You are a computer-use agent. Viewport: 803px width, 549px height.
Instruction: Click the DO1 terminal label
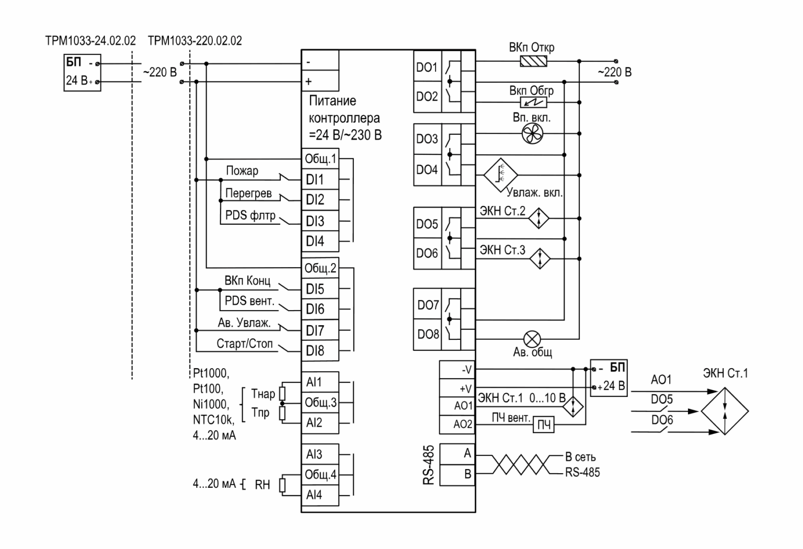pos(427,67)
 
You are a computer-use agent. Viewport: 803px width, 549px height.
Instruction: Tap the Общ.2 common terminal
pos(320,268)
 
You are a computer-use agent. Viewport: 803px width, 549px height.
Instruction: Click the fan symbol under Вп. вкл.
pos(532,134)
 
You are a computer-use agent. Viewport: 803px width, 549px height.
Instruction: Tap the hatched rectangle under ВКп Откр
pos(533,61)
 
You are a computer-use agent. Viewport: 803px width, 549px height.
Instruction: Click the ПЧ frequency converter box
pos(544,425)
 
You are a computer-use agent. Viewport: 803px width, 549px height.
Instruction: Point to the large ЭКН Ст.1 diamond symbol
pos(725,411)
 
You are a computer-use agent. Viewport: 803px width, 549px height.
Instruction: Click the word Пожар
pos(242,170)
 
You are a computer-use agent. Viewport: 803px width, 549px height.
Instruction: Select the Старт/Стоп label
pos(245,344)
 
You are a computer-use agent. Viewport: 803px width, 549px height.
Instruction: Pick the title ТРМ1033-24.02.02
pos(90,40)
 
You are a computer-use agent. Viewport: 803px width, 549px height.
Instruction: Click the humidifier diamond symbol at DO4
pos(500,175)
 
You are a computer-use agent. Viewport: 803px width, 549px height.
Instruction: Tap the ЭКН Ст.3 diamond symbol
pos(540,258)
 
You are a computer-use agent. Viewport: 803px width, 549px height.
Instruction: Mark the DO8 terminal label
pos(428,334)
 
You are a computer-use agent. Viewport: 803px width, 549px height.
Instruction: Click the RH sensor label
pos(262,485)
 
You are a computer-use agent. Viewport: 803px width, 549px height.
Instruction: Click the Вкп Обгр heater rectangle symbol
pos(533,102)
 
